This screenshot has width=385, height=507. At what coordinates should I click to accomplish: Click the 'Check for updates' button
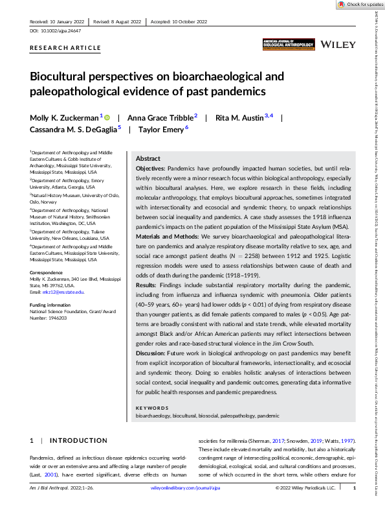click(360, 5)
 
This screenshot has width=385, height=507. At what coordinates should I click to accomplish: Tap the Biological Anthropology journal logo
click(289, 44)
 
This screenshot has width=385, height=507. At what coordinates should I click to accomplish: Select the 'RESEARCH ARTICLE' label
click(65, 48)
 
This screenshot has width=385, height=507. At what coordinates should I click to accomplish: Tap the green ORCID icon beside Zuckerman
click(107, 117)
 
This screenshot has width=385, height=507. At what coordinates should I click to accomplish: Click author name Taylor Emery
click(160, 130)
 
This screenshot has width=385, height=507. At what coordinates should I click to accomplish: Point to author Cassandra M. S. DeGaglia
click(72, 130)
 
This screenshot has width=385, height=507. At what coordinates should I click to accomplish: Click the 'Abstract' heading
click(148, 159)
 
